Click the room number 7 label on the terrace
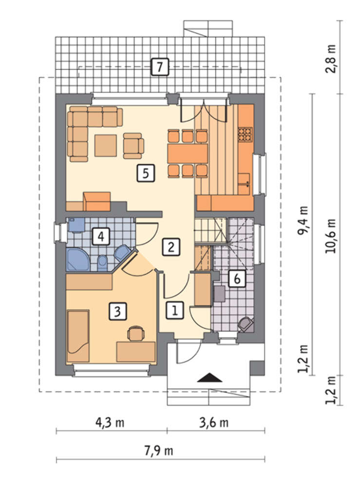click(160, 66)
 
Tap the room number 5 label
click(146, 173)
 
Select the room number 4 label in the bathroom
click(101, 237)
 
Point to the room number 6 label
click(237, 279)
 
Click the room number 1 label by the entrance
click(175, 310)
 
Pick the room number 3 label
click(118, 311)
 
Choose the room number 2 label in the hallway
click(171, 247)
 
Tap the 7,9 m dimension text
click(158, 450)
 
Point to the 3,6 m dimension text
click(214, 423)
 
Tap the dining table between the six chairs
click(187, 153)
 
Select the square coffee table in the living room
click(106, 145)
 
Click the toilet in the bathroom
click(102, 263)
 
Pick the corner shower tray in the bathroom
click(77, 260)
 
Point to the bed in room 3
click(78, 336)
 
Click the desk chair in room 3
click(136, 333)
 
